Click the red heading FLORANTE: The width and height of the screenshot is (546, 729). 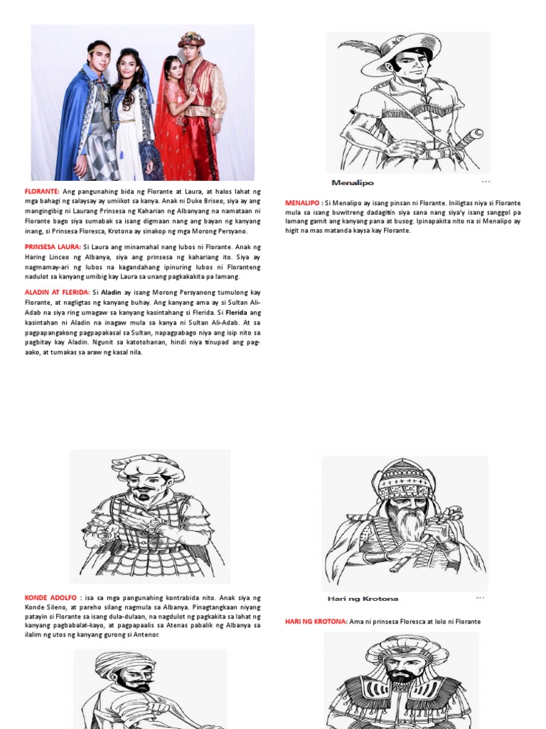pyautogui.click(x=42, y=192)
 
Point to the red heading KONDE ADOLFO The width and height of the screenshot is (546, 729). pyautogui.click(x=52, y=598)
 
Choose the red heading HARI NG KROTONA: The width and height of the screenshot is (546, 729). pyautogui.click(x=316, y=622)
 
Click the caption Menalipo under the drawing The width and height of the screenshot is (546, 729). pyautogui.click(x=353, y=183)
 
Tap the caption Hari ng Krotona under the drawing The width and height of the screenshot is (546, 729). pyautogui.click(x=363, y=599)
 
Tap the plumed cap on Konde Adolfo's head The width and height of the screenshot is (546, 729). pyautogui.click(x=148, y=466)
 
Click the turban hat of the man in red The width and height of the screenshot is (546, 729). pyautogui.click(x=191, y=39)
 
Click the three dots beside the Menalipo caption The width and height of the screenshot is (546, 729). pyautogui.click(x=486, y=182)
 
